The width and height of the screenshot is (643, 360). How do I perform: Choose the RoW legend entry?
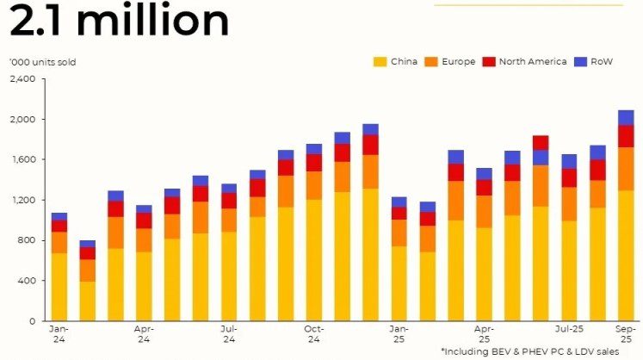point(593,61)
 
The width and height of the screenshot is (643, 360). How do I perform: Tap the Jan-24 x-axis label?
point(59,333)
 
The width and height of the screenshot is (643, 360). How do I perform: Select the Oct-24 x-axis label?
point(313,333)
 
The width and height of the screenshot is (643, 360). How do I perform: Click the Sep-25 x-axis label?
point(626,333)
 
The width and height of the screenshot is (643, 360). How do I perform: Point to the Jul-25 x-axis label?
point(569,328)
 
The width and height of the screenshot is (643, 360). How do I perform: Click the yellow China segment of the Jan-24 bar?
point(59,286)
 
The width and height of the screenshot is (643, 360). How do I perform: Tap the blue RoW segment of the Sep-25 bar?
point(626,117)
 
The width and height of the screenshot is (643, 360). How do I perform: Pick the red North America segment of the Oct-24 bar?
point(313,162)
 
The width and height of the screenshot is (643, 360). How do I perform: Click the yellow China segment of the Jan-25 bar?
point(399,283)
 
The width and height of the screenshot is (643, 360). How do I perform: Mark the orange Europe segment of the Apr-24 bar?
point(144,239)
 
